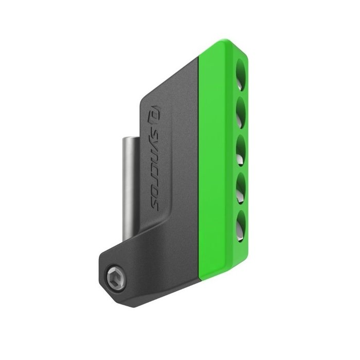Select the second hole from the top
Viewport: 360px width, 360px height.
239,109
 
